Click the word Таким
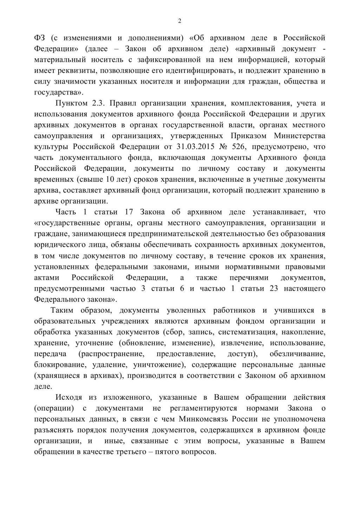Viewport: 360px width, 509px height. [62, 310]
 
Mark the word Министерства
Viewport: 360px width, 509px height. [299, 136]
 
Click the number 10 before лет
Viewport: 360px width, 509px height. [110, 179]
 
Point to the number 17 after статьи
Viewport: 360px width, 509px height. [129, 212]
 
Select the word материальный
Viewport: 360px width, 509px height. [60, 59]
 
